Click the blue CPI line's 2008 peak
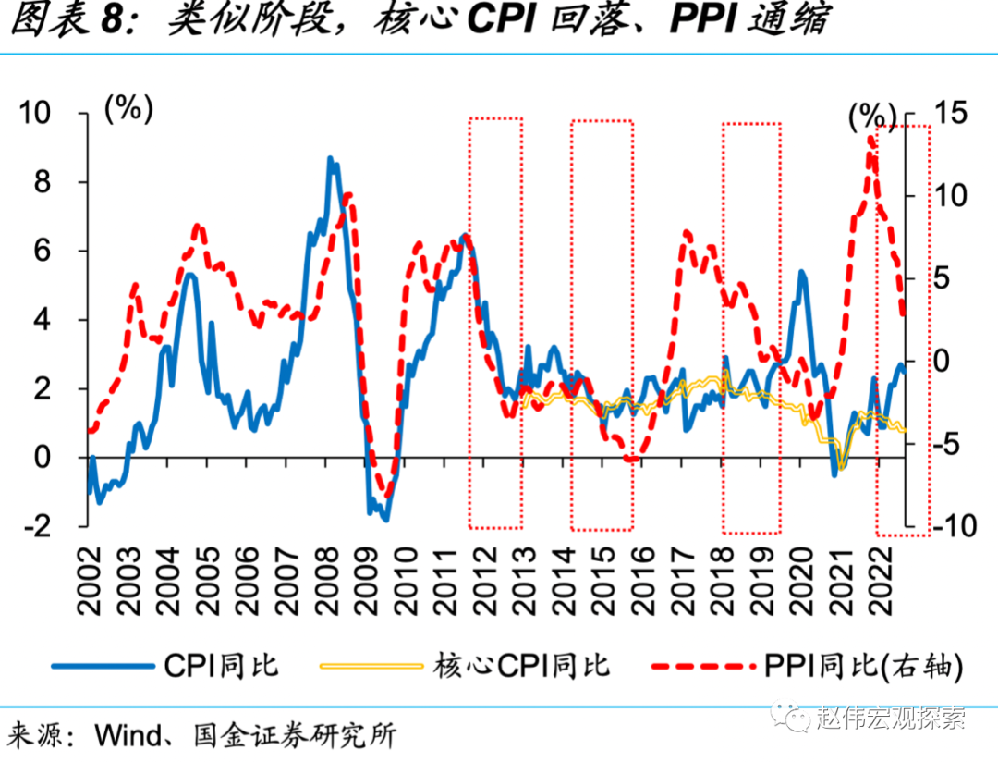[330, 160]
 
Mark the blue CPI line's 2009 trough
[384, 518]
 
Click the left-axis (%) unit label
[128, 108]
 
